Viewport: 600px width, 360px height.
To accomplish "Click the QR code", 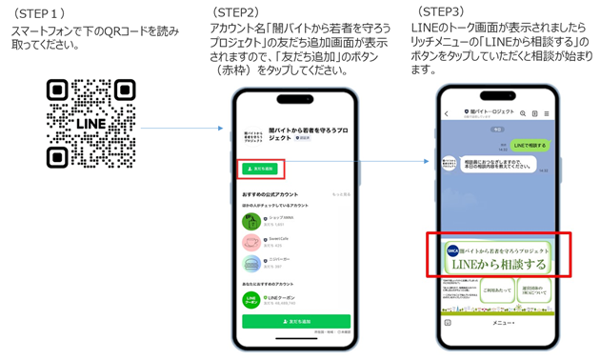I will pos(90,122).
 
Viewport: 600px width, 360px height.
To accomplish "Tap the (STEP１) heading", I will pos(39,14).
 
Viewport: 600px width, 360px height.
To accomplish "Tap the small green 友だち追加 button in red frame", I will pos(258,169).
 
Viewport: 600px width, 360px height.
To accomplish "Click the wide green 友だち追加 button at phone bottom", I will pos(295,322).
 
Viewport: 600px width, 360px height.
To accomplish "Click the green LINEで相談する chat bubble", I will pos(529,145).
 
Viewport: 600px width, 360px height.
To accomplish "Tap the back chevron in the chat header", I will pos(447,113).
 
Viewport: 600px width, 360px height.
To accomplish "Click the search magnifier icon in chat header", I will pos(523,113).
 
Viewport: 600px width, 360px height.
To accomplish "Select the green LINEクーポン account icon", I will pos(251,299).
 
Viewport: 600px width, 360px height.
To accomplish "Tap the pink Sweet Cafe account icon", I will pos(251,242).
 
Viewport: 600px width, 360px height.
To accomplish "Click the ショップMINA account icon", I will pos(251,221).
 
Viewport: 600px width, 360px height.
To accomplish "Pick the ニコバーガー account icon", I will pos(251,263).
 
